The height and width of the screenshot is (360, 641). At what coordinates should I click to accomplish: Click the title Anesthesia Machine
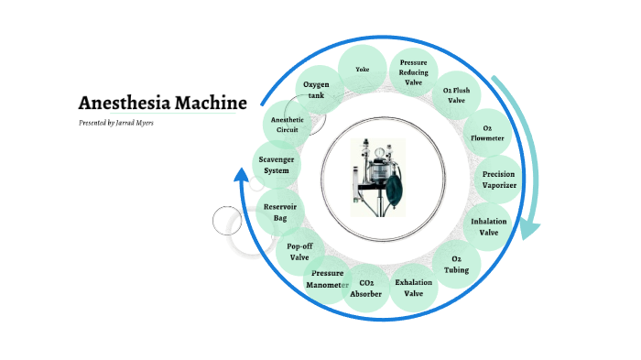click(162, 102)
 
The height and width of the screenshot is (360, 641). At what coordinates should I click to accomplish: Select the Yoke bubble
click(362, 69)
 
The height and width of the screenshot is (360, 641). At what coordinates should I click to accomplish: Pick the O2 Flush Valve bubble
click(455, 95)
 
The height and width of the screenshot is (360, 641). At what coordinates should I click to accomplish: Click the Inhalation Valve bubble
click(488, 226)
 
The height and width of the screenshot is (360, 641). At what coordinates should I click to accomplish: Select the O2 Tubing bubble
click(455, 265)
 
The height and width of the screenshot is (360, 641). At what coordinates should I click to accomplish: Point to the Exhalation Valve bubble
click(413, 289)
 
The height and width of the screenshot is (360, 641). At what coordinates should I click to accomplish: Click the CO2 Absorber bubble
click(365, 289)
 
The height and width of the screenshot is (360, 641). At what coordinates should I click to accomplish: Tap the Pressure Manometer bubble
click(327, 278)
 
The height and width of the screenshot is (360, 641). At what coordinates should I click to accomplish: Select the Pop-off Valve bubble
click(299, 252)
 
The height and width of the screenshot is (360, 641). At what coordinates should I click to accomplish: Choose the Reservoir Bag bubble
click(278, 213)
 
